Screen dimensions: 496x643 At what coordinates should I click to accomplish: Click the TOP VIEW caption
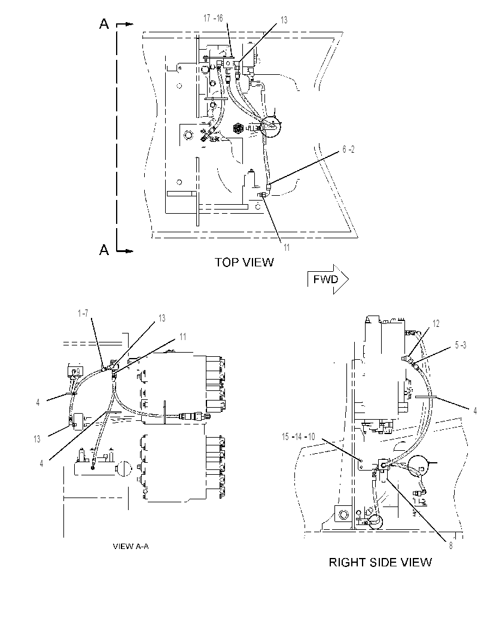[244, 262]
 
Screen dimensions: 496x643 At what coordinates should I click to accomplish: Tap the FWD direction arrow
[328, 279]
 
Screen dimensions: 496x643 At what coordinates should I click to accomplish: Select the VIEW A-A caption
[130, 546]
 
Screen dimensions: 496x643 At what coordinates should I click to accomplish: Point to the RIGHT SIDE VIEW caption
[381, 562]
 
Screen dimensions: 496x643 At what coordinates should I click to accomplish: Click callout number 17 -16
[213, 18]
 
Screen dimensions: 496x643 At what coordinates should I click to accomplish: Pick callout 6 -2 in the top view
[348, 149]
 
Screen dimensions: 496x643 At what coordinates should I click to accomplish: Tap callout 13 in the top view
[284, 20]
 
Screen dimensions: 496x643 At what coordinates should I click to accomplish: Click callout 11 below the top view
[287, 247]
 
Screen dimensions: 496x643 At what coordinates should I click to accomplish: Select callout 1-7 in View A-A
[83, 313]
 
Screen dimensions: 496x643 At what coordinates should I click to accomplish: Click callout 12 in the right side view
[436, 323]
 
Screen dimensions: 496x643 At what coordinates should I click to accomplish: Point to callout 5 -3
[460, 345]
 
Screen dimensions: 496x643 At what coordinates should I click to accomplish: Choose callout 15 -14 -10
[299, 436]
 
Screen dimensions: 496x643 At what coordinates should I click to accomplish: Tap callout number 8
[451, 546]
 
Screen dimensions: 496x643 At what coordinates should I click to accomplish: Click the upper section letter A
[104, 24]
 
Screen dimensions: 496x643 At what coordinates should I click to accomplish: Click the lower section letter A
[104, 249]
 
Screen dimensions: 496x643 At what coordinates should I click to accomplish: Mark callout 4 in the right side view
[475, 410]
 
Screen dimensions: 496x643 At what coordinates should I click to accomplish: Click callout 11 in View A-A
[183, 336]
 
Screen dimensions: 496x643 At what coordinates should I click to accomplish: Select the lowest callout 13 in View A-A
[37, 439]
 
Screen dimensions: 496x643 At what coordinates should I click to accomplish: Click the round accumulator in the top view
[270, 126]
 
